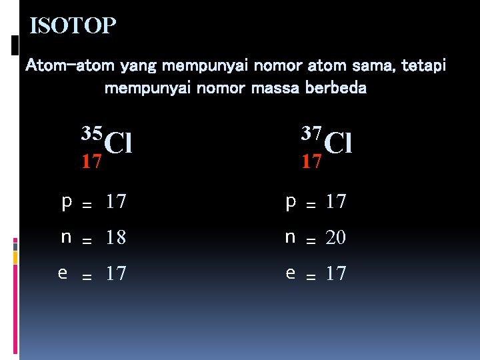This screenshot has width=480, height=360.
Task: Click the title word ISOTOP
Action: (73, 26)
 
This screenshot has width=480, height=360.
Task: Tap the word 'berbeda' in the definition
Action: (333, 87)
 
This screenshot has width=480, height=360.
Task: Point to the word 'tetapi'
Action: (424, 66)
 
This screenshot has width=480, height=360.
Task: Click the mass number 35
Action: (93, 132)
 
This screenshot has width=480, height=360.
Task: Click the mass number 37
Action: (312, 132)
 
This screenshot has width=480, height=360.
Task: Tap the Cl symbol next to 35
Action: (119, 142)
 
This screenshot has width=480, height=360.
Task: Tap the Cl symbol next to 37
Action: (338, 142)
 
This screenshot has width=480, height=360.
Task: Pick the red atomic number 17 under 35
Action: (91, 161)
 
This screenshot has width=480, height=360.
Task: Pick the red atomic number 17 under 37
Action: (311, 161)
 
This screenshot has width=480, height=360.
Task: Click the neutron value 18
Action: (115, 237)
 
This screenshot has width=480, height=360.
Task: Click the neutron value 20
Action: (335, 237)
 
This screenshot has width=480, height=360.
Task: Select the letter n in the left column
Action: (66, 237)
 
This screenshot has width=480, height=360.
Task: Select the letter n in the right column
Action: (290, 237)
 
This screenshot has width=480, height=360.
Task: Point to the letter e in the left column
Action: (63, 273)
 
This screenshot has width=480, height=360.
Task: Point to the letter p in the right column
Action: (290, 201)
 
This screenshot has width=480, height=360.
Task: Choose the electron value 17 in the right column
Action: (335, 273)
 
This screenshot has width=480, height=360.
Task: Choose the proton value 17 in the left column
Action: (115, 201)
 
